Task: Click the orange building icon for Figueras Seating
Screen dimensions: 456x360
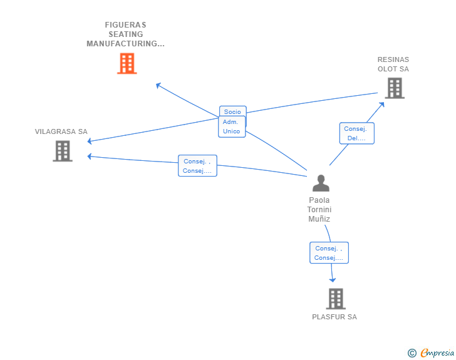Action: [127, 63]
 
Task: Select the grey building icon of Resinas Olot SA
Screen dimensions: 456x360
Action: [395, 88]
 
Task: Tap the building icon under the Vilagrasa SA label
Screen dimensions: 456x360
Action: [63, 151]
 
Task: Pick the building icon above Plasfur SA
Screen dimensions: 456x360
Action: [336, 299]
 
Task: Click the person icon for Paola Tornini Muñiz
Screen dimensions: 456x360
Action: [321, 183]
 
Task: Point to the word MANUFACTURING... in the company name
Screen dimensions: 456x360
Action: [126, 44]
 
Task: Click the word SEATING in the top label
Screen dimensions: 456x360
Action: [126, 34]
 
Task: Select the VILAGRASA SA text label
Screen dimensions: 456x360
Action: [61, 131]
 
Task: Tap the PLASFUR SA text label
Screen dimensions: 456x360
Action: [334, 317]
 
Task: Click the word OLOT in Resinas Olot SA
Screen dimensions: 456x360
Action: [387, 69]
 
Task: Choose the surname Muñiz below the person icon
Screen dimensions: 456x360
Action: [319, 219]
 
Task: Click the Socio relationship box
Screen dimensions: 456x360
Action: [233, 111]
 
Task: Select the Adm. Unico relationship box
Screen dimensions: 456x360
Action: [232, 126]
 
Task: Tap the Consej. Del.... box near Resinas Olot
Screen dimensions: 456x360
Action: [357, 133]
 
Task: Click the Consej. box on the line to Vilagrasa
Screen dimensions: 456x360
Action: [197, 166]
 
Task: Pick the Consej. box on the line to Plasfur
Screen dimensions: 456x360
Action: [329, 253]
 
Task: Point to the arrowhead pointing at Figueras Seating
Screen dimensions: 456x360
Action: [158, 86]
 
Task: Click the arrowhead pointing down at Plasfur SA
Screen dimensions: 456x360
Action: [333, 280]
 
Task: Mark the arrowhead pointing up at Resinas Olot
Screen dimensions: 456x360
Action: [382, 105]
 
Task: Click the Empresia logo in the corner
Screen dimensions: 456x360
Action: [431, 352]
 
